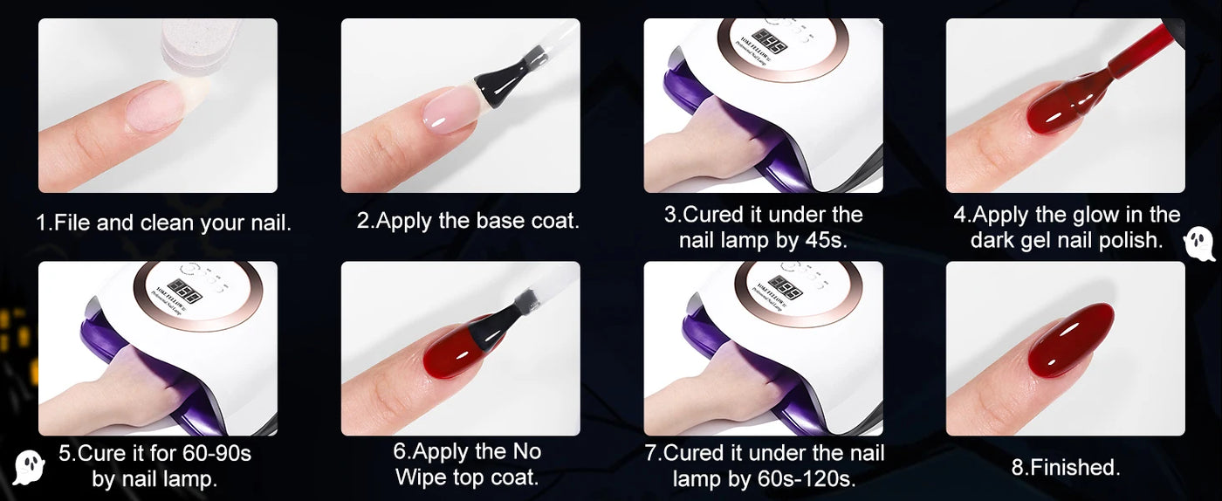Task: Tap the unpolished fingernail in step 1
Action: (158, 107)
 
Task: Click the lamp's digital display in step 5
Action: (184, 290)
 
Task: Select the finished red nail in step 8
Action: (1070, 340)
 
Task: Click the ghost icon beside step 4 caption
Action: (1199, 245)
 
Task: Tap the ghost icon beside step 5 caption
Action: (29, 467)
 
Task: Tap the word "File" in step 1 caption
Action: (72, 223)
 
